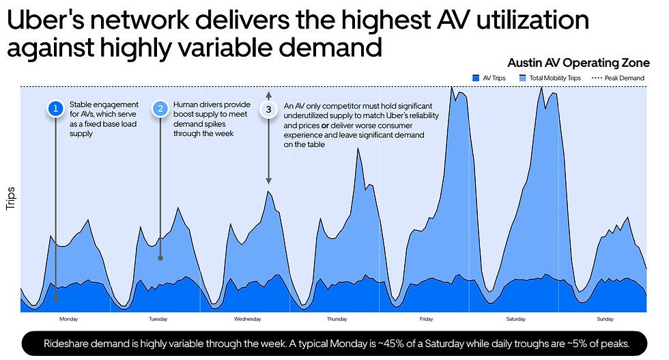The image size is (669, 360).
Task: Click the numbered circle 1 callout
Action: point(56,109)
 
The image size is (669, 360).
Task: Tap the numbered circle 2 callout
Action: point(160,109)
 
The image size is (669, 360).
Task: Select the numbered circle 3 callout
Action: point(269,109)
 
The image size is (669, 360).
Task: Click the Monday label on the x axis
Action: point(69,319)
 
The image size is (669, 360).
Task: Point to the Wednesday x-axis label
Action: point(247,319)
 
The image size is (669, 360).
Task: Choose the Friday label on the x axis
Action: point(426,319)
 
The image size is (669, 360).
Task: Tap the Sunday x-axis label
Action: point(605,319)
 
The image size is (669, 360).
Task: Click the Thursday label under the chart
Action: point(337,319)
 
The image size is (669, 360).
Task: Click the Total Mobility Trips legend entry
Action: point(551,79)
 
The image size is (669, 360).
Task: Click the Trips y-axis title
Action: point(11,198)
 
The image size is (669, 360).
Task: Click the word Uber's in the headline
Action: point(45,20)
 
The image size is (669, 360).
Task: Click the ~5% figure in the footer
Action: point(560,344)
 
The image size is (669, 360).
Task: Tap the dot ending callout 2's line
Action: point(160,258)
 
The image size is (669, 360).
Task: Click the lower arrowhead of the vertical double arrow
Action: point(269,182)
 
